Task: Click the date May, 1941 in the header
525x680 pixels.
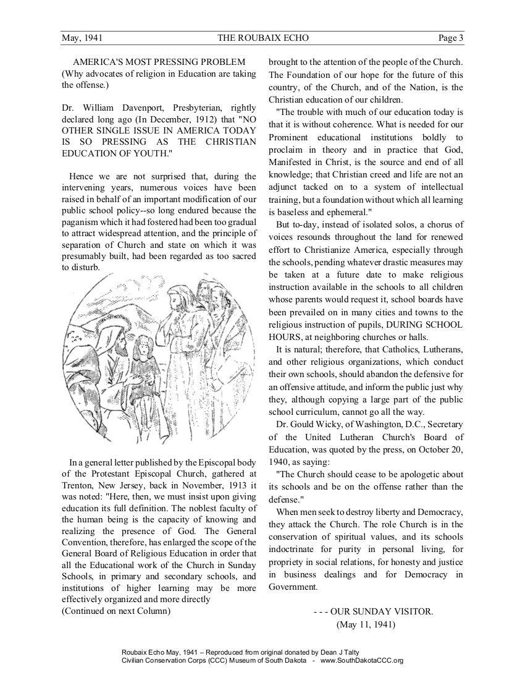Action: pos(82,38)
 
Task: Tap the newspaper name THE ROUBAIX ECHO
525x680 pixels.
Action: pos(263,38)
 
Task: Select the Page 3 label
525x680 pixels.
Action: pos(451,38)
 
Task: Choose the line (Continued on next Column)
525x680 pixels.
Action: pos(116,611)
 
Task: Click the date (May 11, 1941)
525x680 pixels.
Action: pos(366,624)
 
